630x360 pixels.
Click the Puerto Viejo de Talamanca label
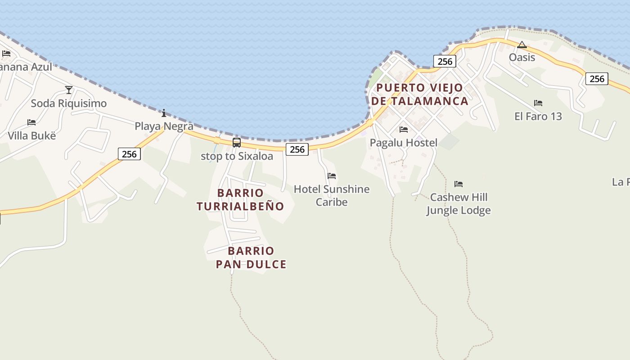click(419, 94)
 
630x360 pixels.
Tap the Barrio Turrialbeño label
click(240, 199)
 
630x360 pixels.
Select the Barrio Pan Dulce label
click(251, 257)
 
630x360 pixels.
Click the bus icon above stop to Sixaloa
click(237, 143)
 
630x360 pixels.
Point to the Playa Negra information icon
click(164, 113)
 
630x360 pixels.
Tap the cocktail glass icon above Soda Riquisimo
click(69, 90)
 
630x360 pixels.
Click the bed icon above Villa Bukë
click(31, 122)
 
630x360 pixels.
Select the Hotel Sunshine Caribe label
click(332, 195)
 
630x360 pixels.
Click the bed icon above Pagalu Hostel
click(404, 130)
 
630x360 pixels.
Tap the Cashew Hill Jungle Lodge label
click(458, 203)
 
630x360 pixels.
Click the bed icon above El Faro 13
click(538, 103)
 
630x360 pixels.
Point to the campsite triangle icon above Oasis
click(522, 45)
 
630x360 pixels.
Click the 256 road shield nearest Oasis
click(445, 61)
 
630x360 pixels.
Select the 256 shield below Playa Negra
click(129, 154)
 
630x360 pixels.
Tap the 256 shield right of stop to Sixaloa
click(297, 149)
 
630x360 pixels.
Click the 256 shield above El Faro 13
click(597, 79)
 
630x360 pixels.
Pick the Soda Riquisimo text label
click(69, 103)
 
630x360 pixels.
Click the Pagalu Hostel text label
click(404, 143)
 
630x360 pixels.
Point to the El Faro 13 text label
click(538, 116)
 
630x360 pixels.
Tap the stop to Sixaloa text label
click(237, 156)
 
